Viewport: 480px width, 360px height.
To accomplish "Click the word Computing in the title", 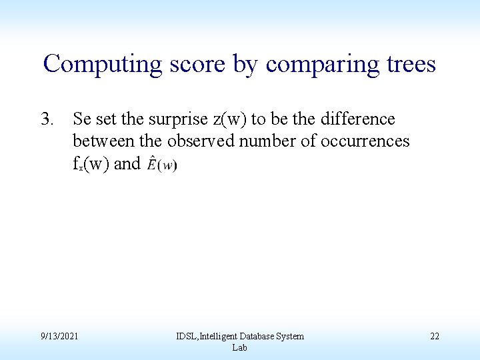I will click(x=102, y=65).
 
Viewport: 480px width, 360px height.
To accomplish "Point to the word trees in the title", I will click(x=409, y=65).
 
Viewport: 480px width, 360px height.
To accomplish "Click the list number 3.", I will click(x=47, y=119).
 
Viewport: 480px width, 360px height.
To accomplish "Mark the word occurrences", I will click(x=366, y=141).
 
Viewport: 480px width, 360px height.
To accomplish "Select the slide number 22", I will click(x=434, y=337).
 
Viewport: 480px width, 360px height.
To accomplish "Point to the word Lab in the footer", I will click(x=239, y=348).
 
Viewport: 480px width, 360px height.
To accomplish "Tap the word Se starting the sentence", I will click(x=82, y=119).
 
